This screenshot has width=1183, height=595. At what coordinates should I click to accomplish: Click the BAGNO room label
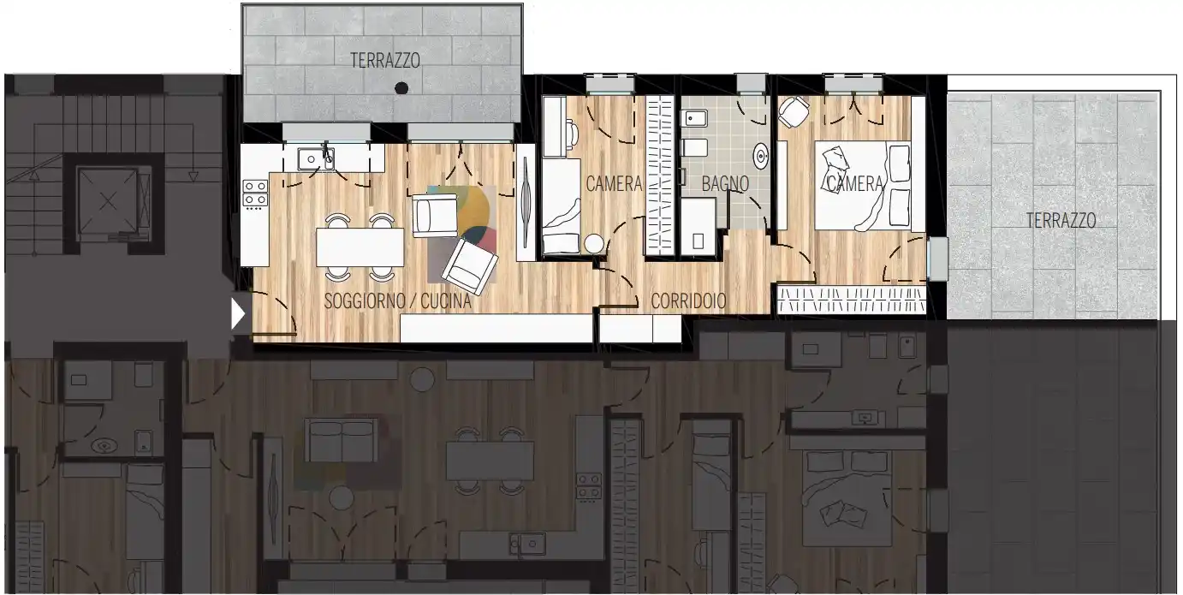[x=725, y=184]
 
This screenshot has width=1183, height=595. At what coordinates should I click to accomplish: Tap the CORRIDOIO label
[x=688, y=301]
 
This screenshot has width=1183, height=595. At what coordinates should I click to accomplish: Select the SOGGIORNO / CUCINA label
[x=397, y=301]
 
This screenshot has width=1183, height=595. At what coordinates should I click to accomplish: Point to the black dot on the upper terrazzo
[x=401, y=88]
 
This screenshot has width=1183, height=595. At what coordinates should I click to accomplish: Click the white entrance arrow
[x=238, y=314]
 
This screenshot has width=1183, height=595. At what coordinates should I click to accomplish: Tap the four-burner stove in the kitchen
[x=254, y=193]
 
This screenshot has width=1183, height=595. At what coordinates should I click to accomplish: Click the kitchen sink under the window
[x=316, y=159]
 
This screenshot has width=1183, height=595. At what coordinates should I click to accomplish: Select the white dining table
[x=360, y=247]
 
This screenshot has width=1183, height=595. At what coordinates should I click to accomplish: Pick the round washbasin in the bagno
[x=761, y=157]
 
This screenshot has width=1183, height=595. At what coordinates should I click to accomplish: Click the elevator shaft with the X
[x=108, y=201]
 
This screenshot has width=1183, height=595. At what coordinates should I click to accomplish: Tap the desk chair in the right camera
[x=794, y=112]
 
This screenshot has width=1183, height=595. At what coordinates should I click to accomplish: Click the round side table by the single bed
[x=593, y=244]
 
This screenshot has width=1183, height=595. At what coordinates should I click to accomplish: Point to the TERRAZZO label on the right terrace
[x=1061, y=220]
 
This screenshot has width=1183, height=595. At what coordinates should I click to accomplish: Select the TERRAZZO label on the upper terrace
[x=385, y=61]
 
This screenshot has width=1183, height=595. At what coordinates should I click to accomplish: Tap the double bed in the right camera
[x=863, y=186]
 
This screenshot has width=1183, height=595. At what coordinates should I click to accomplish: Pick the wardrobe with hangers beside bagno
[x=660, y=176]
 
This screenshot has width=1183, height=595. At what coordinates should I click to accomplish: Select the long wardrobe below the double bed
[x=852, y=300]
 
